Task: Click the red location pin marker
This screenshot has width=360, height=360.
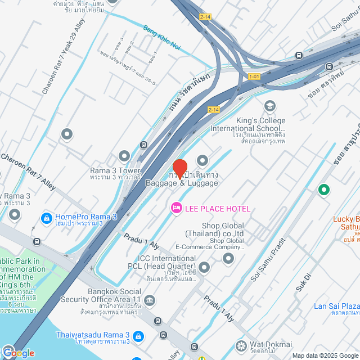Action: pos(179,169)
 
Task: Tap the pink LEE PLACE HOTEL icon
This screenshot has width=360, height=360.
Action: pos(177,209)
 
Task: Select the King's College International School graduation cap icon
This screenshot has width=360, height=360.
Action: pos(270,106)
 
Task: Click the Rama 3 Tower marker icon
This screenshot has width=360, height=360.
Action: pos(125,155)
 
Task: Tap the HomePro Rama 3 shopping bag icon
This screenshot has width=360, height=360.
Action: pos(47,217)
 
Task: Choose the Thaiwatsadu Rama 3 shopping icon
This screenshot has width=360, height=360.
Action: pos(138,335)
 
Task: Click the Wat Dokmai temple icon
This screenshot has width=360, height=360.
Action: pos(241,345)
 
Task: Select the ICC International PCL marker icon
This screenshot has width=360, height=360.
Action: pos(204,266)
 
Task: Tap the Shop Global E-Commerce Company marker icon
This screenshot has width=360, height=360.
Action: pos(228,258)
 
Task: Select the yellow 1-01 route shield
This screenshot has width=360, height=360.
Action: pos(255,76)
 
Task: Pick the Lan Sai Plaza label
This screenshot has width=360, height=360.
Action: pos(336,307)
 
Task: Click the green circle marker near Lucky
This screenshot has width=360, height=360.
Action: pos(323,190)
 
